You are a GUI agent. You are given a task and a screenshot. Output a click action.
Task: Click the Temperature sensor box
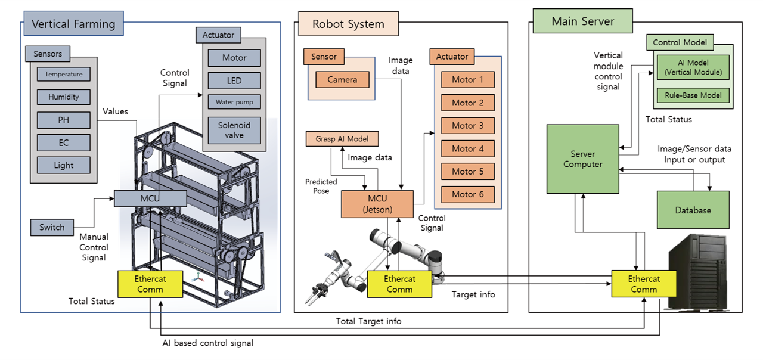click(x=63, y=75)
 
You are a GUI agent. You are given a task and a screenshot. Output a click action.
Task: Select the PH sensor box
click(x=63, y=120)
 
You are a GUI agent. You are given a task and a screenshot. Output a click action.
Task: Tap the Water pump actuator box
click(x=234, y=102)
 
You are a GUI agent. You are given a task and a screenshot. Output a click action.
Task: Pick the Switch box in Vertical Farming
click(x=52, y=227)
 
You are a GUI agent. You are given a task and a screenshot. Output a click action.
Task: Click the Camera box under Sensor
click(x=342, y=80)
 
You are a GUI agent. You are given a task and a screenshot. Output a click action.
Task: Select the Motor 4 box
click(x=468, y=148)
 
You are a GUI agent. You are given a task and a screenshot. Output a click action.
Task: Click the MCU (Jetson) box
click(x=377, y=204)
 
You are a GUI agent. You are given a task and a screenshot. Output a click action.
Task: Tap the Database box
click(x=693, y=210)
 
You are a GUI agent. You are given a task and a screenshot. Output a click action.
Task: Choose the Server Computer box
click(x=583, y=159)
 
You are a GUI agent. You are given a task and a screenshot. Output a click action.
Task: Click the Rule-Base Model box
click(x=693, y=95)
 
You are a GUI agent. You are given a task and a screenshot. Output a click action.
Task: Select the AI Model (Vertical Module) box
click(x=693, y=67)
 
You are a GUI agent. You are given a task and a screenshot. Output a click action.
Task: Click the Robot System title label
click(x=348, y=24)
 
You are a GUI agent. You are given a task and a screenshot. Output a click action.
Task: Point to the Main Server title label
click(x=582, y=21)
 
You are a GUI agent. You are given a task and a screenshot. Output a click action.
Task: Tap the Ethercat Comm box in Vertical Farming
click(x=150, y=284)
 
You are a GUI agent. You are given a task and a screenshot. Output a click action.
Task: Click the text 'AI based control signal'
click(x=207, y=343)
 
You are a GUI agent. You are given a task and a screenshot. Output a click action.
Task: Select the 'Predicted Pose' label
click(x=321, y=186)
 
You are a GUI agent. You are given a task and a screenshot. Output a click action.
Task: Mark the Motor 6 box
click(x=468, y=194)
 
